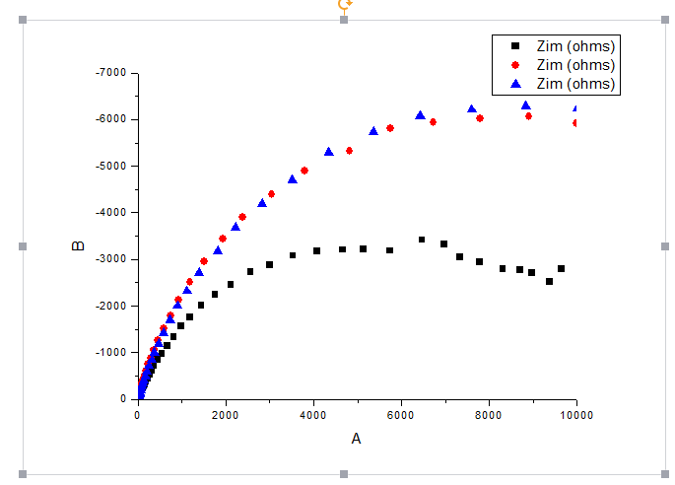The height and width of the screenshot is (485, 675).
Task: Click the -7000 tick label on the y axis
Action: [x=112, y=73]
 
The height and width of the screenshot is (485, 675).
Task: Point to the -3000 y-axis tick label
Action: [x=112, y=259]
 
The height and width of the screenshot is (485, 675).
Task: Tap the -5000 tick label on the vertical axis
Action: [x=112, y=167]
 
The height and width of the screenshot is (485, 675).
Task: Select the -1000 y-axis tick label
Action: [x=112, y=353]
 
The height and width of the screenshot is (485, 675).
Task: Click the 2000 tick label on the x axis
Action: [x=225, y=415]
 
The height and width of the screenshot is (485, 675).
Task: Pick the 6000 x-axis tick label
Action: [x=401, y=415]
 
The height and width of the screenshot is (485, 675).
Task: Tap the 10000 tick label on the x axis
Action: [x=576, y=415]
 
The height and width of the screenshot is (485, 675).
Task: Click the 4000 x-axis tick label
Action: [x=313, y=415]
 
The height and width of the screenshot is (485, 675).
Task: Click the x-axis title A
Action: [x=356, y=439]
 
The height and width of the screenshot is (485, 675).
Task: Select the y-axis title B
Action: [x=79, y=245]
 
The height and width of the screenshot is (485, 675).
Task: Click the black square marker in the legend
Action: [x=513, y=46]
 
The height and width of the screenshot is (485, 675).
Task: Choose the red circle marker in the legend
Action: [x=513, y=65]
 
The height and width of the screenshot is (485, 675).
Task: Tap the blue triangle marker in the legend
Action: [x=513, y=84]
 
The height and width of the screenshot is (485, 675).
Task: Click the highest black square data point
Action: [x=422, y=240]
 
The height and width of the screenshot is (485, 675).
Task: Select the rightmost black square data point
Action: [x=561, y=268]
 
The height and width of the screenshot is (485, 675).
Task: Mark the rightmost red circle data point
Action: [x=575, y=123]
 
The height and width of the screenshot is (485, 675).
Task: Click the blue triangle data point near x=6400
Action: [x=420, y=115]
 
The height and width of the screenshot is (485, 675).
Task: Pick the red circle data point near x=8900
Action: [x=528, y=116]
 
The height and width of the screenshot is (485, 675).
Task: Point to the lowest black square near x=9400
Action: [x=549, y=281]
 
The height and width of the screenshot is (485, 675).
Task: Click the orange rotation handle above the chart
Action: [x=344, y=5]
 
